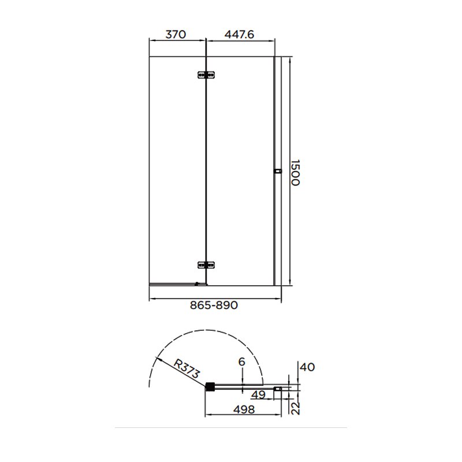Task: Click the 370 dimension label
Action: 176,35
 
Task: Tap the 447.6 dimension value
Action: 239,35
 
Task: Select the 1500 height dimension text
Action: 295,173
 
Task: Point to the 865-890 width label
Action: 214,305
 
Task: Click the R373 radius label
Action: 187,368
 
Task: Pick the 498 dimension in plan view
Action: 244,409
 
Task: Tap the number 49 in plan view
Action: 259,394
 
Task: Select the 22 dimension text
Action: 296,408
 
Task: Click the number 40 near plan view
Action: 307,367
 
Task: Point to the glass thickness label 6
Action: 241,362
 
